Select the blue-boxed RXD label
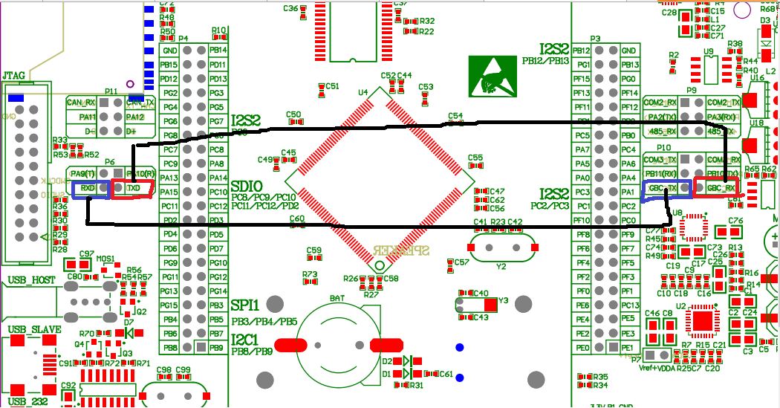tap(88, 189)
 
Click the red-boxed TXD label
tap(134, 189)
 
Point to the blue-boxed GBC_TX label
tap(663, 189)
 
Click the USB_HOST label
tap(32, 280)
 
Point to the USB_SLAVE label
tap(34, 328)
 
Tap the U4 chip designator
tap(363, 93)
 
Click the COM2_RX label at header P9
tap(660, 103)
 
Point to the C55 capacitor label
tap(475, 158)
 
